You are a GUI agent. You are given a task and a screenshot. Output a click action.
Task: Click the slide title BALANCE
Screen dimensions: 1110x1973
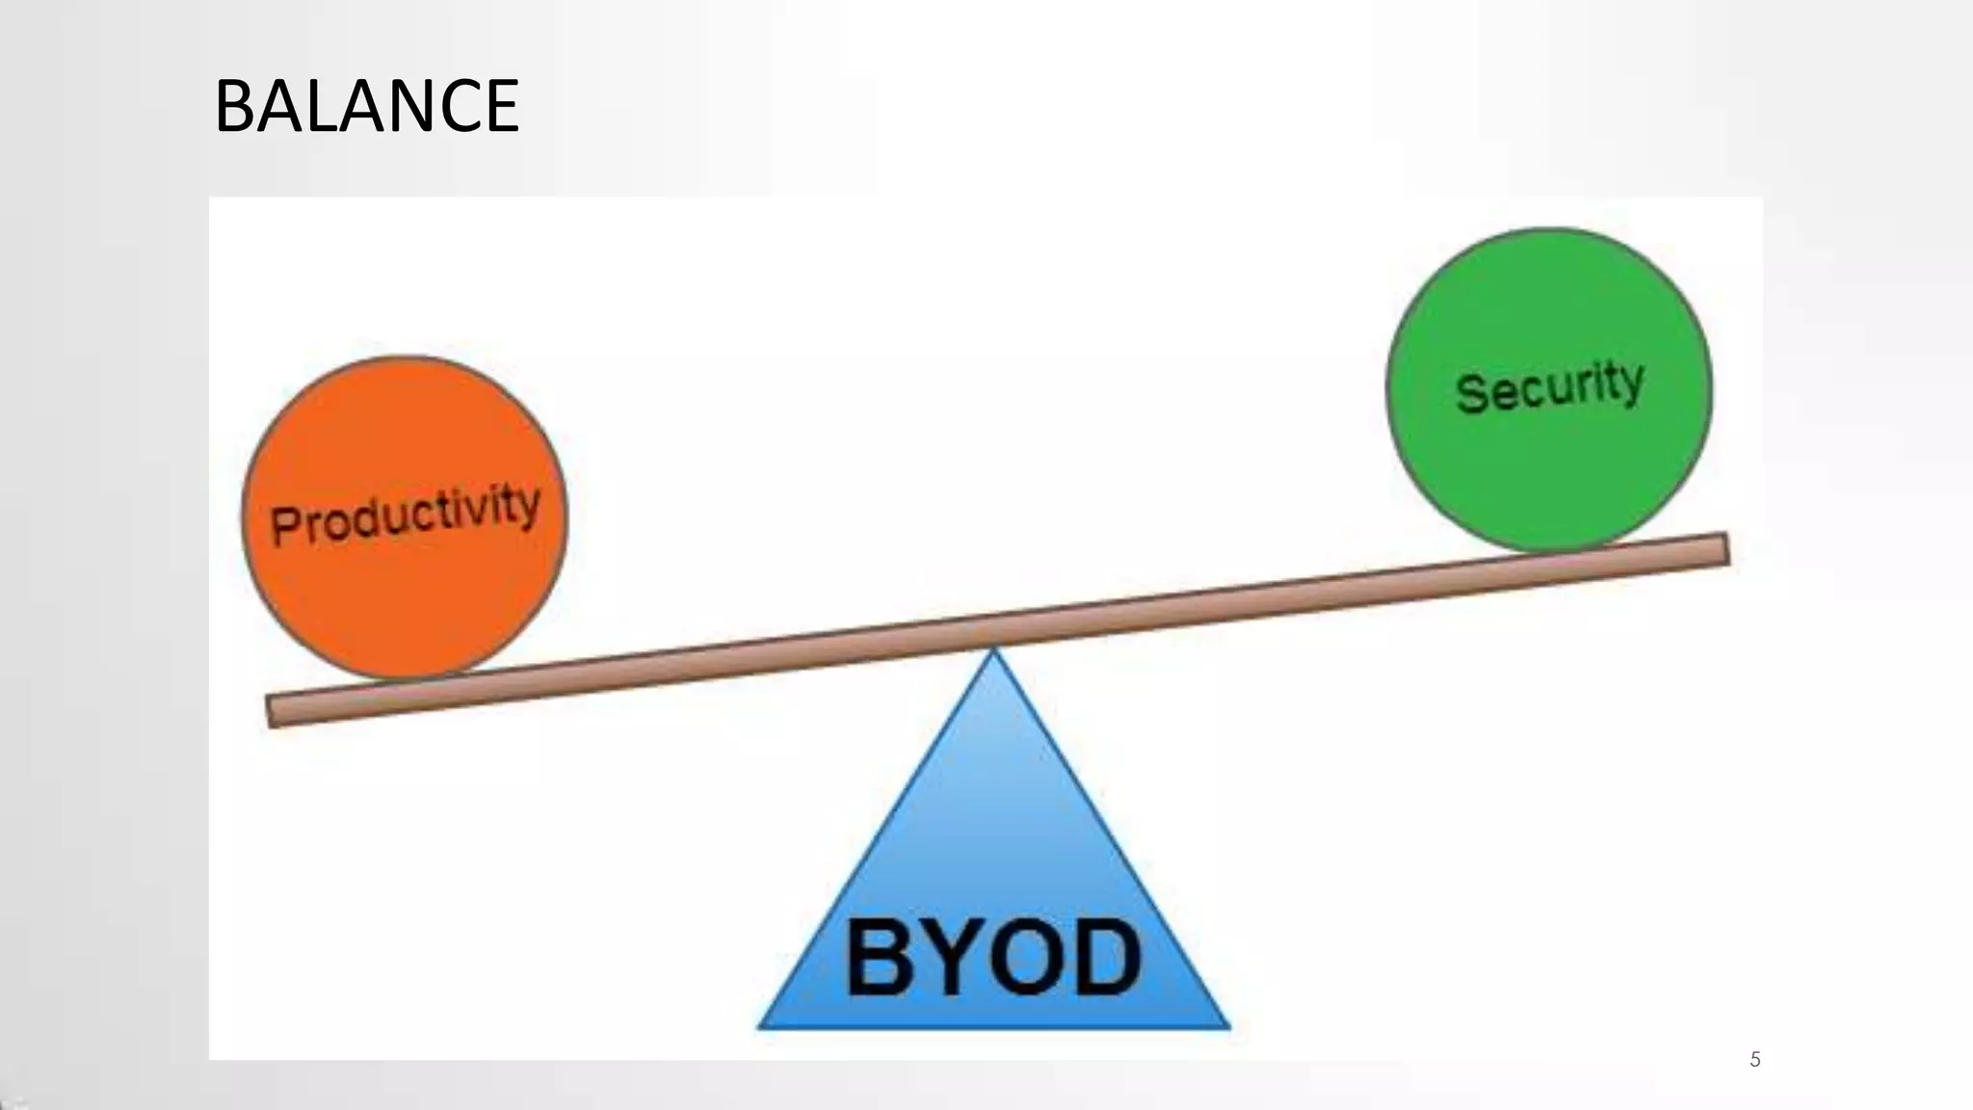pos(366,106)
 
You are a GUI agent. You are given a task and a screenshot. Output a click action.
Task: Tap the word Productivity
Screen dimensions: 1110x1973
pos(405,515)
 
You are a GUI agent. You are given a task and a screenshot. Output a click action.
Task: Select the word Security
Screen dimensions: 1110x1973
pos(1549,386)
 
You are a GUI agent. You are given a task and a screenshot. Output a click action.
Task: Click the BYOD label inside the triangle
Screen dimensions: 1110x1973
pos(993,957)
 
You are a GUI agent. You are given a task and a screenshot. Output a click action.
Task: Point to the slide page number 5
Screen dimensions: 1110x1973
pos(1754,1060)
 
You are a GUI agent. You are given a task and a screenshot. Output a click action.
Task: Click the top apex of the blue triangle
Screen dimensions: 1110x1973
pos(994,651)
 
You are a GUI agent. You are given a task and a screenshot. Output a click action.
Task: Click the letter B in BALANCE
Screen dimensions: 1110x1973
pos(233,106)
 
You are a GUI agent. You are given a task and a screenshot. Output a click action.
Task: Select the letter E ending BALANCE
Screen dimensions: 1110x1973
pos(502,106)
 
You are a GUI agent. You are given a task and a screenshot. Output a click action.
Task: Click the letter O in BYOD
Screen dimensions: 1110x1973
pos(1024,957)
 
